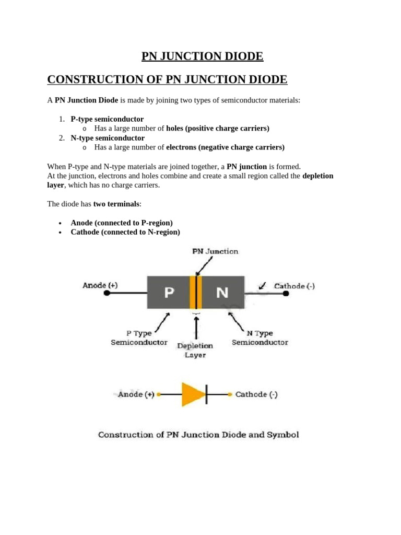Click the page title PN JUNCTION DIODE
203,56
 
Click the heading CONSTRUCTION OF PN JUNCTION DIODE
167,79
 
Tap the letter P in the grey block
169,293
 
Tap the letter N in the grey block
222,293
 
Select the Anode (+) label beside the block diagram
100,285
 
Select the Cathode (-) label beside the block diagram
294,286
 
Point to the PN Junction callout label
215,251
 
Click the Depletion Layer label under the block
195,350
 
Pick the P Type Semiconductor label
139,338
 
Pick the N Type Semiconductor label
260,338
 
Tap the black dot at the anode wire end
107,294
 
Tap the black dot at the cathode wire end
286,294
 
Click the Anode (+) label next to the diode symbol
136,394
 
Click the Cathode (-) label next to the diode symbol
256,394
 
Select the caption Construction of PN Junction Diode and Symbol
198,435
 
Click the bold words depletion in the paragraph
317,176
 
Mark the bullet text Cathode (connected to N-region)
125,232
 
